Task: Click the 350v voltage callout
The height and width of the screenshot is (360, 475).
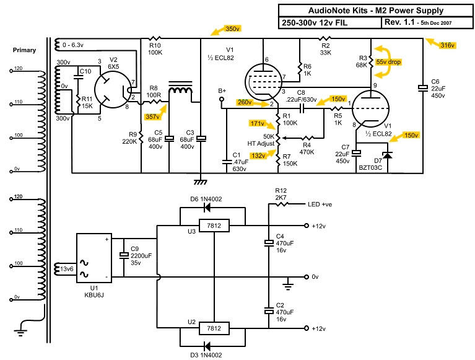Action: click(233, 29)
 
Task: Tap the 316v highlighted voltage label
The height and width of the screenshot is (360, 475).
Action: click(447, 45)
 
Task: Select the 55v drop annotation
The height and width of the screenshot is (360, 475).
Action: click(388, 62)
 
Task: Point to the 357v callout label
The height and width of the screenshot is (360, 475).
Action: click(152, 116)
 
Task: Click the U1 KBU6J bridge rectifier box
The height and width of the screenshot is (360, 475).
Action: click(94, 258)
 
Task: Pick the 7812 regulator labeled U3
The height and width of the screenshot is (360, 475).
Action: click(214, 226)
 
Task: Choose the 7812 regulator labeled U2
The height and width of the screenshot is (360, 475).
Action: click(214, 328)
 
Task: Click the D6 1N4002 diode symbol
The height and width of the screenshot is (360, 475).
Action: click(207, 208)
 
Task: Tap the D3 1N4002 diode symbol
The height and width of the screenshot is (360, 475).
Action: click(207, 346)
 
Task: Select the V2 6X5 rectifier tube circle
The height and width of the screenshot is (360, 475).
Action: click(113, 89)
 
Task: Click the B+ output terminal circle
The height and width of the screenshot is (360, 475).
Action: click(222, 99)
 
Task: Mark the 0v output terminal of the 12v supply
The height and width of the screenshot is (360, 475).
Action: click(307, 277)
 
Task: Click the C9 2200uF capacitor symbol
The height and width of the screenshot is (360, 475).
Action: click(124, 255)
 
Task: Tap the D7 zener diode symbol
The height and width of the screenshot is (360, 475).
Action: click(388, 156)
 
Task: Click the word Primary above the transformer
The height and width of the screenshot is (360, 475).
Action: click(24, 50)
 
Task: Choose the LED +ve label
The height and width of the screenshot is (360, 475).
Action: click(320, 204)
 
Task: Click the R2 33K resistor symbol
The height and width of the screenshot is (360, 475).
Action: click(325, 38)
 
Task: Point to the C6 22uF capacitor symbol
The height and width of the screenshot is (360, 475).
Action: click(423, 88)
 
